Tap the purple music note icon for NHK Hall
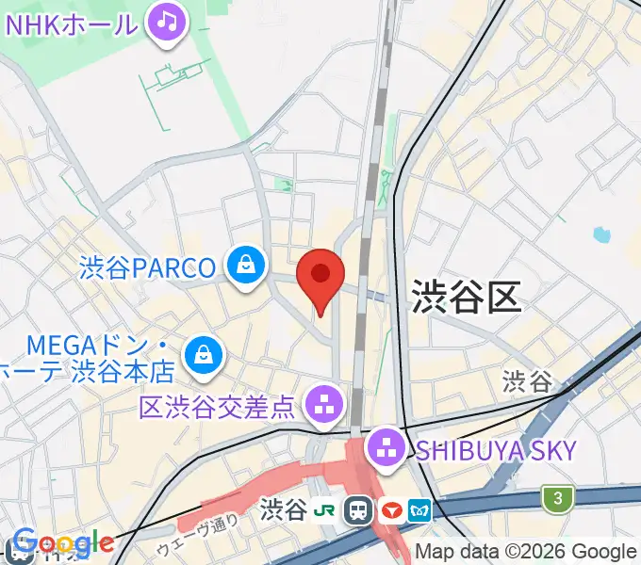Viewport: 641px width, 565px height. tap(168, 21)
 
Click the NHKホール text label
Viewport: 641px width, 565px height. tap(72, 23)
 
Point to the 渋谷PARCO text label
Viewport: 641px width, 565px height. tap(148, 267)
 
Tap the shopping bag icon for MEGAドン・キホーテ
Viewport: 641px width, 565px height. tap(203, 354)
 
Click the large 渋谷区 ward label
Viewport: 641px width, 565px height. tap(466, 299)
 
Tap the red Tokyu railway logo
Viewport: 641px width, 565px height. tap(390, 511)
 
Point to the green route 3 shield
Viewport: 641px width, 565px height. tap(558, 497)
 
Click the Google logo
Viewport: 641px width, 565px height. tap(61, 543)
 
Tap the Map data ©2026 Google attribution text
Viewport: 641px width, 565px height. tap(525, 552)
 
